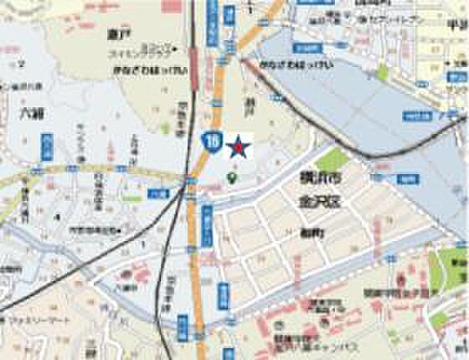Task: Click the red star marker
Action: coord(240,148)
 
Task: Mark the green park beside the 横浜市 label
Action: coord(333,159)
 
